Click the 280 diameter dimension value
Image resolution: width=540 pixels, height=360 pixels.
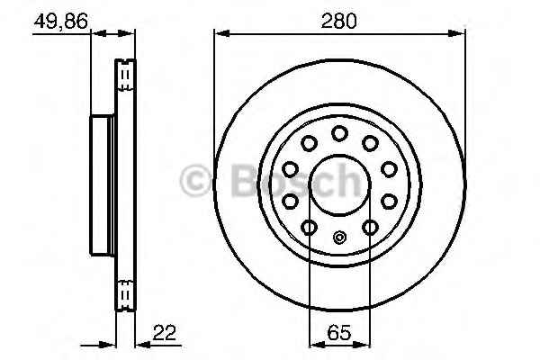339,21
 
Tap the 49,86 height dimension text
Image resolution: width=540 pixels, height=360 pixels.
61,21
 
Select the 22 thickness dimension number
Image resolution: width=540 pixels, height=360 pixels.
165,332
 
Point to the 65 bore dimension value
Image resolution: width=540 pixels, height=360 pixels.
339,333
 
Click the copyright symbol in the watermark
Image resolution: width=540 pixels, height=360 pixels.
195,181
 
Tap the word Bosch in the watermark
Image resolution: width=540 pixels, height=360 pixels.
297,181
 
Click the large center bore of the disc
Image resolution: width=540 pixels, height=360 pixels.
339,185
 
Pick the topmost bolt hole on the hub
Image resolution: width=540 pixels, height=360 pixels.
339,134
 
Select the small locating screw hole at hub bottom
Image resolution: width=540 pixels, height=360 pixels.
339,238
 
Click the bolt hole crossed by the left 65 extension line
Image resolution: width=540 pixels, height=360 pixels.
310,227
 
